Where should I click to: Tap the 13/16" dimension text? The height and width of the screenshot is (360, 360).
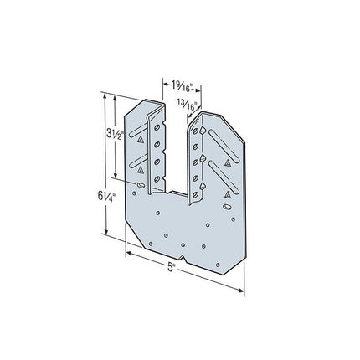click(x=187, y=105)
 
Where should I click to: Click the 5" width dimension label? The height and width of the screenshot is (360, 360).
click(x=171, y=267)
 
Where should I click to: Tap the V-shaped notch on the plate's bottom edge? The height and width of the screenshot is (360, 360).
click(x=183, y=257)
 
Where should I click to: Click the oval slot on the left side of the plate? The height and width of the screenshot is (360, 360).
click(x=141, y=185)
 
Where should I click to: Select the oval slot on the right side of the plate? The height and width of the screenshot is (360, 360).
click(x=227, y=207)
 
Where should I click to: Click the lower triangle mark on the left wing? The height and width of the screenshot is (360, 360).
click(x=141, y=170)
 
